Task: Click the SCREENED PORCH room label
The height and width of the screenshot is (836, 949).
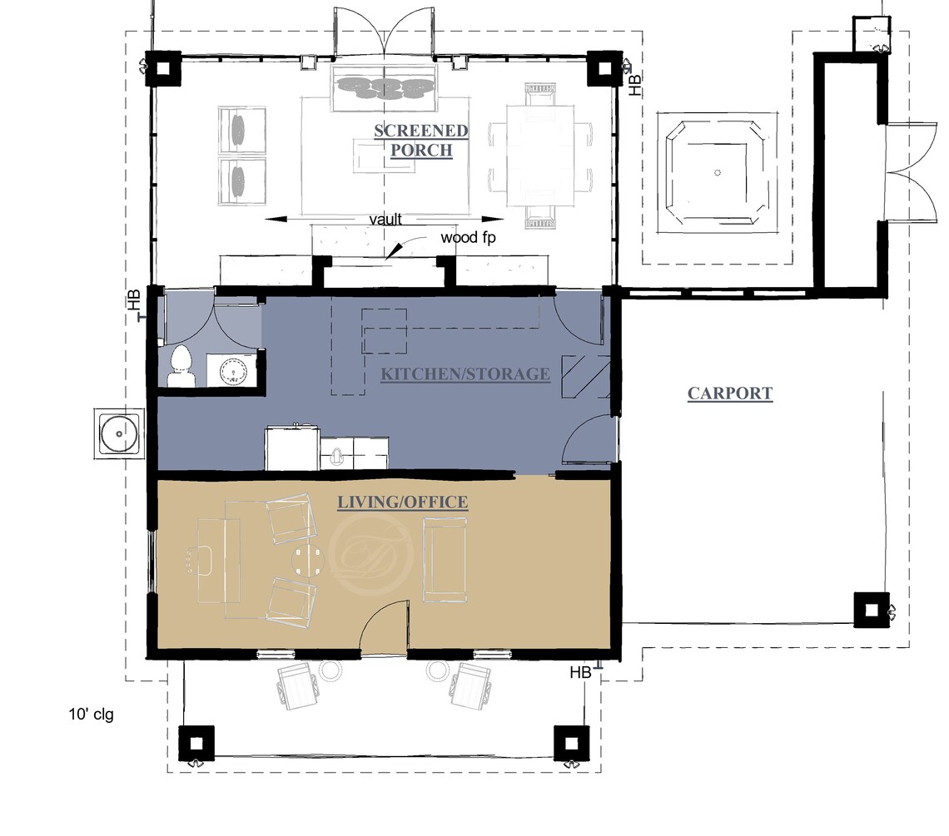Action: pyautogui.click(x=420, y=141)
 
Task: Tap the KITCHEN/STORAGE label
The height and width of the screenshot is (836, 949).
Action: pyautogui.click(x=465, y=373)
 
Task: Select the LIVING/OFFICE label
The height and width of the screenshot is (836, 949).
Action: pyautogui.click(x=402, y=502)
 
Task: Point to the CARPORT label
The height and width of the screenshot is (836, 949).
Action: pyautogui.click(x=730, y=393)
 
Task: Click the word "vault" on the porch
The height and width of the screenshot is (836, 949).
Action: pyautogui.click(x=386, y=220)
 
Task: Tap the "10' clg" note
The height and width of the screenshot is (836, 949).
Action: pyautogui.click(x=91, y=714)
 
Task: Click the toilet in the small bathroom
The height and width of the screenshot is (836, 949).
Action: pyautogui.click(x=181, y=367)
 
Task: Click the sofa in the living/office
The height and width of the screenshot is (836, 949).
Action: pyautogui.click(x=447, y=559)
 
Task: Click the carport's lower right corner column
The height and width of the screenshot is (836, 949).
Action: pyautogui.click(x=871, y=610)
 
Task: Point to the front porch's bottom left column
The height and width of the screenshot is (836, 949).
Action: pyautogui.click(x=196, y=742)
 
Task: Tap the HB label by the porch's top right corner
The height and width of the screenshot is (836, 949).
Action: pyautogui.click(x=635, y=84)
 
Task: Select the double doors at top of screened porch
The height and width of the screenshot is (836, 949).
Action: pyautogui.click(x=384, y=32)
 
